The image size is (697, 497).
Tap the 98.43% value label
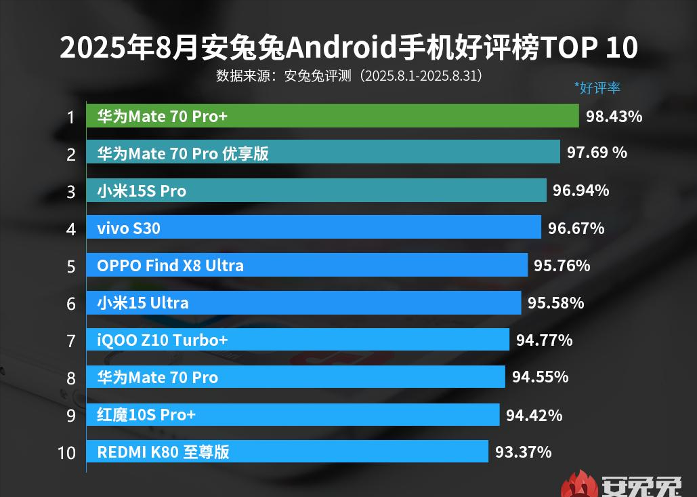click(x=614, y=117)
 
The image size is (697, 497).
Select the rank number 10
click(x=66, y=452)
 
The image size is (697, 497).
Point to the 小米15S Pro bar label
click(x=142, y=191)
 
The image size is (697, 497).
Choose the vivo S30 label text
click(x=129, y=228)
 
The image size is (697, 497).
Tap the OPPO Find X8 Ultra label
click(x=170, y=266)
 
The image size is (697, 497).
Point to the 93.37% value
click(x=523, y=452)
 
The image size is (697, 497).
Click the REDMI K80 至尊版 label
click(x=163, y=452)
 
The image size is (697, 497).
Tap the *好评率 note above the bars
click(x=597, y=87)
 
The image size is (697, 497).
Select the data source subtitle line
click(x=349, y=75)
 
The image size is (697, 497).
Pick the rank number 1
click(x=70, y=117)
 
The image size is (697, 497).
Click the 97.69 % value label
click(x=597, y=153)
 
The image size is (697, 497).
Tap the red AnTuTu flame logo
click(x=578, y=484)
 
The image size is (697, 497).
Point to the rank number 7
click(x=70, y=340)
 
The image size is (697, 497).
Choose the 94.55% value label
click(x=540, y=377)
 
